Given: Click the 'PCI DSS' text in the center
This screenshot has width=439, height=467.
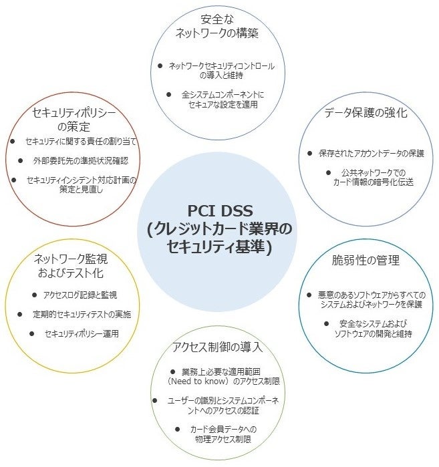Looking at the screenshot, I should [219, 210].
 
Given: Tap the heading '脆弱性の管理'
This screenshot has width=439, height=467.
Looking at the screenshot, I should [366, 261].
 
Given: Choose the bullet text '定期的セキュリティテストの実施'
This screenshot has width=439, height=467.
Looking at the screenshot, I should [82, 314].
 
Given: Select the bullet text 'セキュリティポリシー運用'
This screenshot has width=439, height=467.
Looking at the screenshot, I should [82, 333].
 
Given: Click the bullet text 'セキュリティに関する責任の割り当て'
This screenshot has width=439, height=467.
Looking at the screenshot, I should [82, 142].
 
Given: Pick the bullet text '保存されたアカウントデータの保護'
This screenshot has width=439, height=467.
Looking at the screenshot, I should [372, 153].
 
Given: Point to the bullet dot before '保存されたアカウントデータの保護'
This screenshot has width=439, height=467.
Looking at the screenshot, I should [310, 153].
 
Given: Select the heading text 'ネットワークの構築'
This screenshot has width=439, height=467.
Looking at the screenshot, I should [217, 33].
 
